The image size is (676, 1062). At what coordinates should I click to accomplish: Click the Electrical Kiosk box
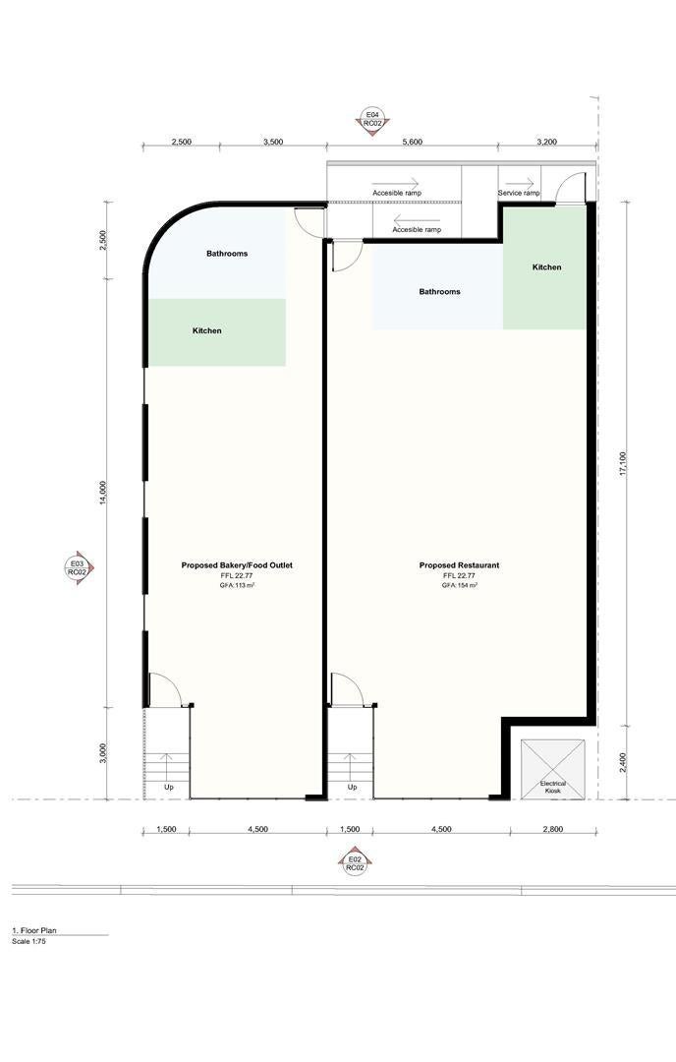click(553, 769)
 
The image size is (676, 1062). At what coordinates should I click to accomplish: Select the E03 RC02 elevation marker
click(78, 567)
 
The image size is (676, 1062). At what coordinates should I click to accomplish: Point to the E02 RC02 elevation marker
click(356, 863)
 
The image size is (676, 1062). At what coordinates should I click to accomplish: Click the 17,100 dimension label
click(623, 464)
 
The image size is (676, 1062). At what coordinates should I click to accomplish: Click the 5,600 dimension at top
click(412, 143)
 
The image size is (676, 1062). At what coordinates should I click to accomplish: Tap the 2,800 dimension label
click(553, 829)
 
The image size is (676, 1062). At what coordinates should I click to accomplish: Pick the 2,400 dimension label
click(623, 763)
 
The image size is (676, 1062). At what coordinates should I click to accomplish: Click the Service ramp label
click(519, 193)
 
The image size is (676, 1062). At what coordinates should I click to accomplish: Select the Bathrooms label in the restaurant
click(440, 292)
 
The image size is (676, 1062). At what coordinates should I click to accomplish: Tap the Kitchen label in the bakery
click(207, 330)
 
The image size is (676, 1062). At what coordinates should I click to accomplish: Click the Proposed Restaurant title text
click(460, 564)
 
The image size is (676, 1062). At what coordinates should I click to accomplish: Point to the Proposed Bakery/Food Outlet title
click(237, 564)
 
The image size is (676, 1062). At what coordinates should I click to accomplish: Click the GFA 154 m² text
click(460, 584)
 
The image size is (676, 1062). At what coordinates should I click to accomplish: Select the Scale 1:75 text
click(29, 941)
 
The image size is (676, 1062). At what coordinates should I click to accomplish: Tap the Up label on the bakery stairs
click(168, 787)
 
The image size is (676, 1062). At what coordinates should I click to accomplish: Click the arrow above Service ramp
click(520, 183)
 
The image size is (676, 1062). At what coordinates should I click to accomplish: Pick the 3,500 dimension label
click(273, 143)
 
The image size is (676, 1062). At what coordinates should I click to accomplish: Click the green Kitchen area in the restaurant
click(544, 267)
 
